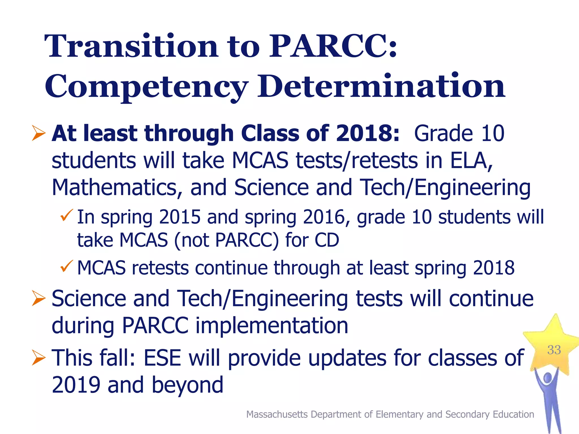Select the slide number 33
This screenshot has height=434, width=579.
coord(554,350)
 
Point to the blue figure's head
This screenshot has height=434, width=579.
coord(548,377)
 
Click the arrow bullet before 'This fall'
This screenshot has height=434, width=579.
coord(38,358)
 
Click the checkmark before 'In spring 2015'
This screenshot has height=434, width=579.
coord(67,215)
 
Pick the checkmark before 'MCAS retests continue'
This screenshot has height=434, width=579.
coord(67,266)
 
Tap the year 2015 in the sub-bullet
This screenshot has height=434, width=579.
coord(180,217)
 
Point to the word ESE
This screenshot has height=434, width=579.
coord(162,358)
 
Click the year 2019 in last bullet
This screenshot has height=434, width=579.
coord(76,385)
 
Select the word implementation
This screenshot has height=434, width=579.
coord(272,326)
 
